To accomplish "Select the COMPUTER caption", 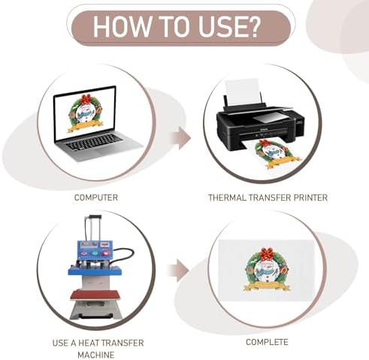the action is point(96,198).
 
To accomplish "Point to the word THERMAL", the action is point(228,198).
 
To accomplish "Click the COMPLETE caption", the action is point(267,342).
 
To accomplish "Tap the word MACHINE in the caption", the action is point(96,355).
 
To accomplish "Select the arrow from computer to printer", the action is point(181,138).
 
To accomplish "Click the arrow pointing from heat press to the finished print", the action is point(178,271).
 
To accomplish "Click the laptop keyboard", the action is point(95,142).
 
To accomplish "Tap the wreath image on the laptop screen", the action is point(85,113).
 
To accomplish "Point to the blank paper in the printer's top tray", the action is point(242,92).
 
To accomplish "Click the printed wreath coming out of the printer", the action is point(277,154).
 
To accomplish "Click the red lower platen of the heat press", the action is point(96,295).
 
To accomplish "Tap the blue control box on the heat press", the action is point(95,250).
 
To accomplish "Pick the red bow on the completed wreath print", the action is point(267,254).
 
